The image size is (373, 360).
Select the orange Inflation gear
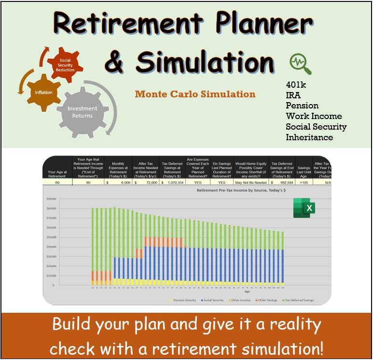tap(43, 92)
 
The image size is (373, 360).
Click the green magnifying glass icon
tap(300, 64)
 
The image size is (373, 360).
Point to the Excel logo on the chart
tap(304, 208)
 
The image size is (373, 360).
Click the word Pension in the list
tap(302, 106)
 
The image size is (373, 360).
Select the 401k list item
tap(296, 84)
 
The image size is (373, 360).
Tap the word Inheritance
tap(309, 137)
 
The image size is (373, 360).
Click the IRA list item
tap(293, 95)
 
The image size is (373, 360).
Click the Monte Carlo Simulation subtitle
tap(195, 93)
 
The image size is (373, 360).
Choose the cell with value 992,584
tap(285, 183)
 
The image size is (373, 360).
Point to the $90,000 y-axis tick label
tap(51, 199)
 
